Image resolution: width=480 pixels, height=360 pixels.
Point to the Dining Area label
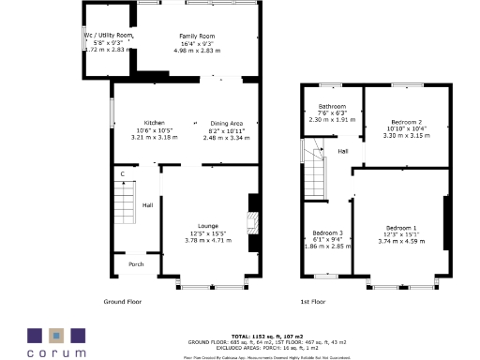coord(226,123)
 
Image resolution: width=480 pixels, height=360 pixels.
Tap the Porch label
coord(137,264)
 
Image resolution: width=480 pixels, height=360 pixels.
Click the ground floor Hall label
coord(147,204)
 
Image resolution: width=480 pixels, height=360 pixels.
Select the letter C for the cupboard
coord(122,174)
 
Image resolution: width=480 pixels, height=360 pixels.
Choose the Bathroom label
coord(332,106)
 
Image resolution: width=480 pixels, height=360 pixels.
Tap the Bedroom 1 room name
coord(401,229)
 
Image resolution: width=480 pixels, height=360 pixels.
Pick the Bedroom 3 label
coord(327,231)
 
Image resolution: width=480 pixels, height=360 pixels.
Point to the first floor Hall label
coord(343,151)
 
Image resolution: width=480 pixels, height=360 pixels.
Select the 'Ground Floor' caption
coord(123,302)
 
